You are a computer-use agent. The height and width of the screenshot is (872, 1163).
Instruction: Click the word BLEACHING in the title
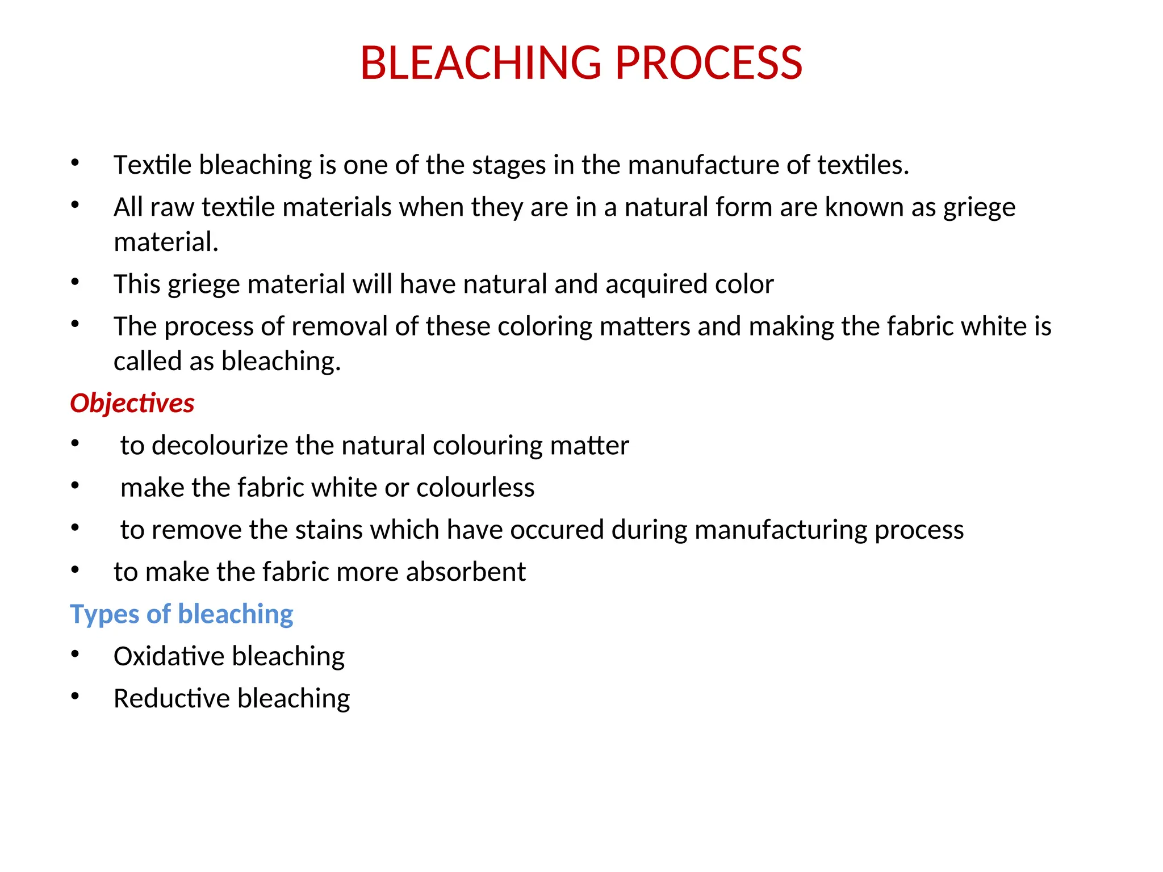480,63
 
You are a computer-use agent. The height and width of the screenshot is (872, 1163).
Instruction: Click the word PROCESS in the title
708,63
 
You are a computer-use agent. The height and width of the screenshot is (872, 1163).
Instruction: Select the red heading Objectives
132,403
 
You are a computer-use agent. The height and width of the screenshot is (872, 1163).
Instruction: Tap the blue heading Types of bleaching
181,614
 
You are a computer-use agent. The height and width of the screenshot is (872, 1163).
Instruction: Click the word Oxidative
169,656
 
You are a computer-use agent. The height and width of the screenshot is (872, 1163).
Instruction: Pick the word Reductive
171,698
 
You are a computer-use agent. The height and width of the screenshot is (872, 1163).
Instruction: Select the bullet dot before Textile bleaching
75,163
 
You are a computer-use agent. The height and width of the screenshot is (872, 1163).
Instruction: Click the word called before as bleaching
147,361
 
